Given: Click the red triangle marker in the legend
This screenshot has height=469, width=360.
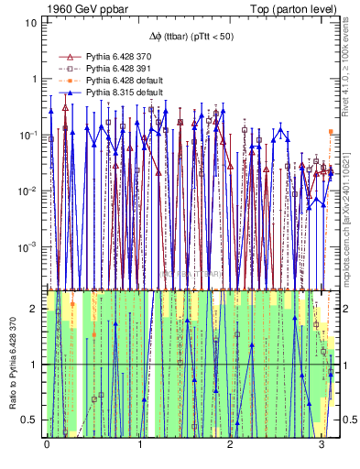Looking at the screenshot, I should click(x=66, y=57).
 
